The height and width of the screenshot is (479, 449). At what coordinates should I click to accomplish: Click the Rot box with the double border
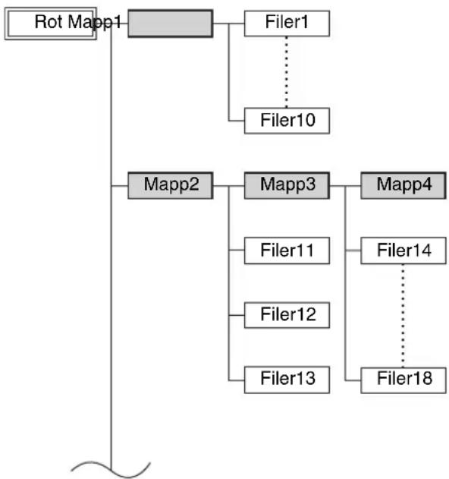[x=51, y=24]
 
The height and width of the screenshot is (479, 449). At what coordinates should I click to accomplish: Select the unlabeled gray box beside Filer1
[x=171, y=24]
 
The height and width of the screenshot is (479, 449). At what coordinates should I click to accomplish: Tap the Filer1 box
[x=287, y=24]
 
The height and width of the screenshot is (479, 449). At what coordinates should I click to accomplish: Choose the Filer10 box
[x=287, y=121]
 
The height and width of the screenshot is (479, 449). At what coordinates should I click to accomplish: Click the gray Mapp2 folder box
[x=171, y=185]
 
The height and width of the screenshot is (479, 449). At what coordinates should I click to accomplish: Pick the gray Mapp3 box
[x=287, y=185]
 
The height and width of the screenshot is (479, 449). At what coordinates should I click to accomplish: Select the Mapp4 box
[x=403, y=185]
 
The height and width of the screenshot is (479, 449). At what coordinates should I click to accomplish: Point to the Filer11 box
[x=287, y=251]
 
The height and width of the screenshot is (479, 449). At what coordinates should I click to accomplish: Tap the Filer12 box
[x=287, y=315]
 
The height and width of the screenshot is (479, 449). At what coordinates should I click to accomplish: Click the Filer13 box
[x=287, y=380]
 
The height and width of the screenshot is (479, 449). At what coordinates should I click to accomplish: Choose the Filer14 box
[x=403, y=251]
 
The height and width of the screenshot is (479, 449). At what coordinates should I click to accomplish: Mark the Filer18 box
[x=403, y=380]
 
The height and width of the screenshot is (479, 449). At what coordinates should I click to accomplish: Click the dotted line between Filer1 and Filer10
[x=286, y=72]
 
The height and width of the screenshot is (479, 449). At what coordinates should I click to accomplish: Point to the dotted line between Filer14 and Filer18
[x=403, y=316]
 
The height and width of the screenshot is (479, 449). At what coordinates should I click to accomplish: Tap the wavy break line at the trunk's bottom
[x=111, y=470]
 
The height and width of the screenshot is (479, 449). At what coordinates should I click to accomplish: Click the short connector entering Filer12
[x=237, y=315]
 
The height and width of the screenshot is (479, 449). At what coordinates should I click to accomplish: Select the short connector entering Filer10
[x=237, y=121]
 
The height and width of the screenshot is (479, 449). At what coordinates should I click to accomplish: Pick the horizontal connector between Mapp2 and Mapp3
[x=228, y=186]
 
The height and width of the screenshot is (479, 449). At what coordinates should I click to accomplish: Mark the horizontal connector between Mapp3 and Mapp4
[x=345, y=186]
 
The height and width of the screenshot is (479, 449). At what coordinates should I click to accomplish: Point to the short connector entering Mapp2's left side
[x=119, y=186]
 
